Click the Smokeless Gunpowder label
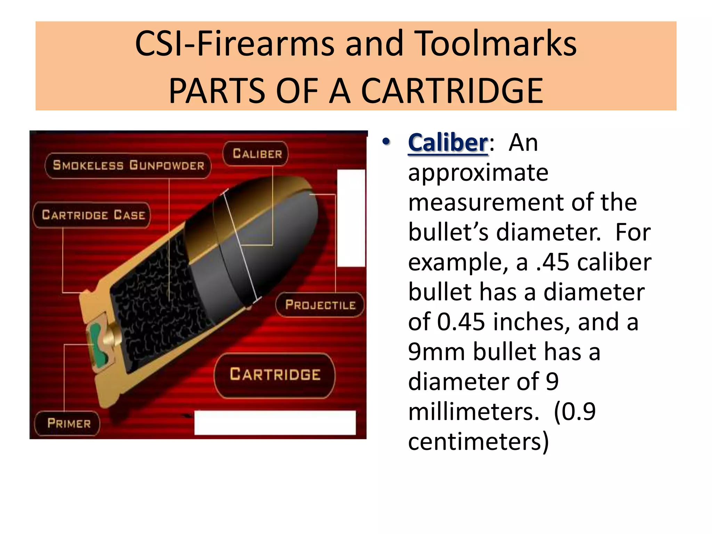tap(128, 165)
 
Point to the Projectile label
tap(320, 305)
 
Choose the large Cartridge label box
tap(275, 375)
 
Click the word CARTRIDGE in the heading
tap(452, 91)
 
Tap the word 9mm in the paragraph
tap(436, 352)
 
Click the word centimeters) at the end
tap(478, 442)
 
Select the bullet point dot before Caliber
tap(386, 142)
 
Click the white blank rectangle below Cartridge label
tap(275, 422)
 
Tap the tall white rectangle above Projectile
tap(351, 218)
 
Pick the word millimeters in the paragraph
tap(473, 412)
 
